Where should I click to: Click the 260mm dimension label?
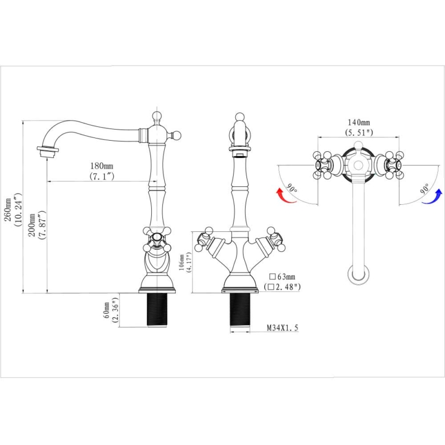8,210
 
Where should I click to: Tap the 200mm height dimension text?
32,225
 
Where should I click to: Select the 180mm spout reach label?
102,165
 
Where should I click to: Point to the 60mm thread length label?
107,310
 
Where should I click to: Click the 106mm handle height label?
181,263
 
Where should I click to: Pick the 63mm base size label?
282,276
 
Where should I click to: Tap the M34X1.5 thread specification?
283,328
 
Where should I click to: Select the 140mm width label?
359,122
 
